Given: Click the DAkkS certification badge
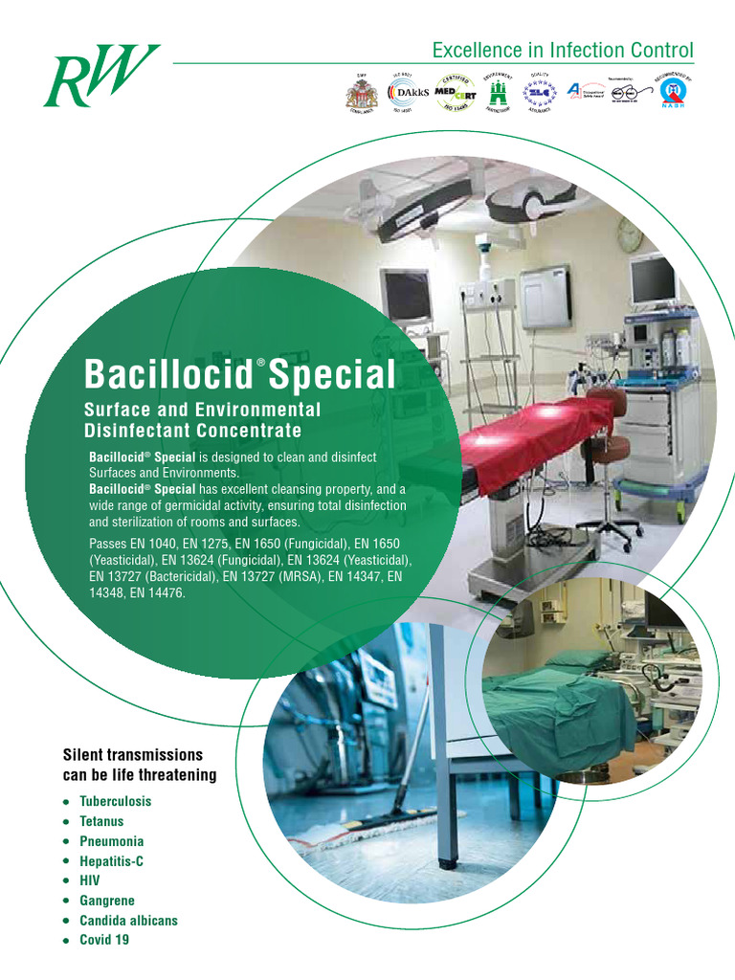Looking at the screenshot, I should (x=409, y=92).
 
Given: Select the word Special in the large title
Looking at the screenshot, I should (x=332, y=374).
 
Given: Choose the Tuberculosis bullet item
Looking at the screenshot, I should (x=116, y=801).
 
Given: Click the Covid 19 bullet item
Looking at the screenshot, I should (x=104, y=941).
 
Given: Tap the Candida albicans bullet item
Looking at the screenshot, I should (x=129, y=921).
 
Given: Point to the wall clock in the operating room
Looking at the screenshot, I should (x=629, y=234).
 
